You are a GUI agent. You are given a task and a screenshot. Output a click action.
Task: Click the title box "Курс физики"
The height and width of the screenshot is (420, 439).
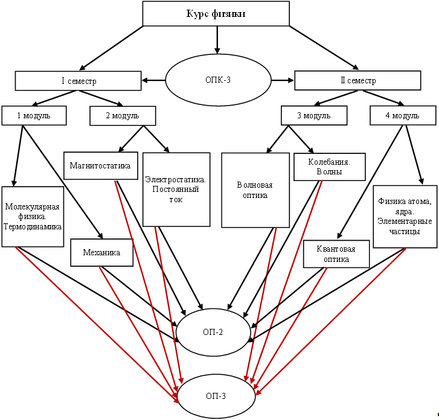click(216, 14)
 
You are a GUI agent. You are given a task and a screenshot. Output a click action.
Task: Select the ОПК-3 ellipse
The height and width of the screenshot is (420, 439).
click(217, 80)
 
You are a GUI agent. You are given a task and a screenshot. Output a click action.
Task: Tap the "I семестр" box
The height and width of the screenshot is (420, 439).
click(79, 80)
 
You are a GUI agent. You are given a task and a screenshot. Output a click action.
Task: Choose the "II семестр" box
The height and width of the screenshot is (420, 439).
click(357, 80)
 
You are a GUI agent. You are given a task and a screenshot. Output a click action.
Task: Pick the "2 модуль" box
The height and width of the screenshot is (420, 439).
click(123, 115)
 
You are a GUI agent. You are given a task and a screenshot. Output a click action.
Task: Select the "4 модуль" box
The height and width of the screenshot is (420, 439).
click(402, 115)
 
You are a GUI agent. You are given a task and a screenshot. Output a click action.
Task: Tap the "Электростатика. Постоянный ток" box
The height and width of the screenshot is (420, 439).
click(176, 189)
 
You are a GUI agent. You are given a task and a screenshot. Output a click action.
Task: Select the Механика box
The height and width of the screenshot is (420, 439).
click(101, 253)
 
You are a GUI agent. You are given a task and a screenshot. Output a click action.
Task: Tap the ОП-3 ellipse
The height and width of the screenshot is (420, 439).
click(216, 396)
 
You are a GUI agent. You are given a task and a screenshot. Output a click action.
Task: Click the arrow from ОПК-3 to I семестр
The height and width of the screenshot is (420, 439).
click(153, 80)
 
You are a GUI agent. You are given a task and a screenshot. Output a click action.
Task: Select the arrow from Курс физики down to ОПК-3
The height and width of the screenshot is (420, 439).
click(217, 40)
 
